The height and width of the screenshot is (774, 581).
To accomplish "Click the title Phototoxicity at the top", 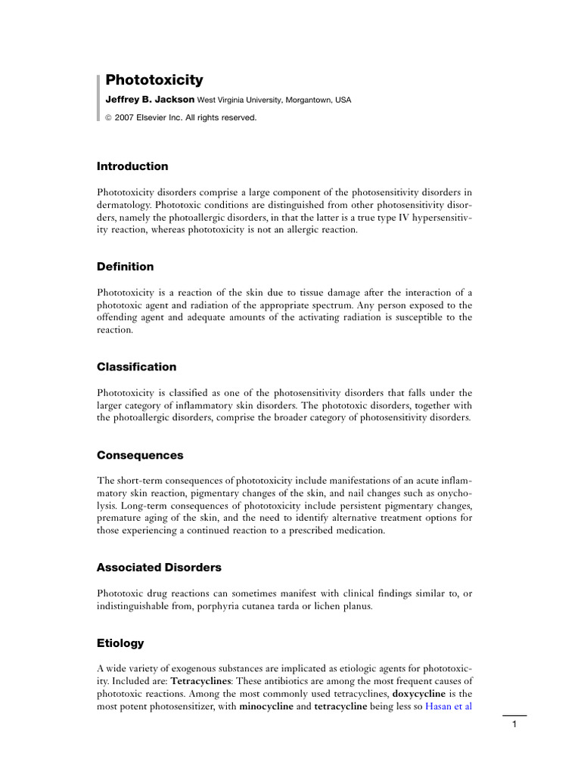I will tap(154, 80).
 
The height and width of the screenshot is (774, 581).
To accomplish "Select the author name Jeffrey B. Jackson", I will tap(150, 100).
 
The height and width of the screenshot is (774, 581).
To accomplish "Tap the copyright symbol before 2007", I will tap(108, 118).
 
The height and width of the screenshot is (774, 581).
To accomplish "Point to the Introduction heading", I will tap(132, 166).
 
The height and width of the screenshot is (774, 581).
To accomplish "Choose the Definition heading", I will tap(125, 267).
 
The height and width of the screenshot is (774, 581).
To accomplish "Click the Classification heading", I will tap(136, 367).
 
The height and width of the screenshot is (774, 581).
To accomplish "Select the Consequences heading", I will tap(140, 456).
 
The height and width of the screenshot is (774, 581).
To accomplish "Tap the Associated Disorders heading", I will tap(159, 567).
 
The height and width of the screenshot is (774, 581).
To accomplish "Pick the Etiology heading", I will tap(120, 643).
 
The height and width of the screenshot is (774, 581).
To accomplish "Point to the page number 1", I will tap(514, 725).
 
